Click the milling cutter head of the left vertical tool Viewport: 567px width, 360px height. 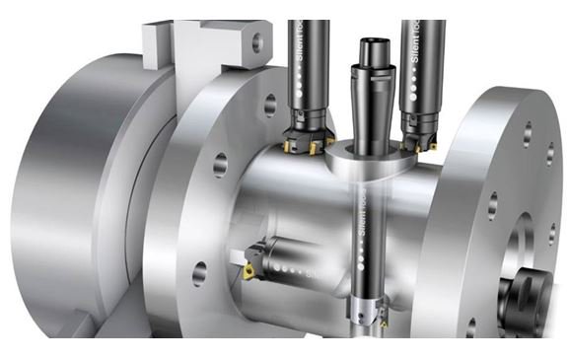point(307,137)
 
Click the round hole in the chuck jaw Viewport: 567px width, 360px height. point(257,42)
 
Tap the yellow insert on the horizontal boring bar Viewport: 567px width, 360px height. point(249,269)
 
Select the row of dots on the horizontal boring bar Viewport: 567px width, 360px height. point(287,266)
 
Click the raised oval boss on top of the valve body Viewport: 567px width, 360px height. point(370,158)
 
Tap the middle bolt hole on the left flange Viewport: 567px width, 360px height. point(219,163)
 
